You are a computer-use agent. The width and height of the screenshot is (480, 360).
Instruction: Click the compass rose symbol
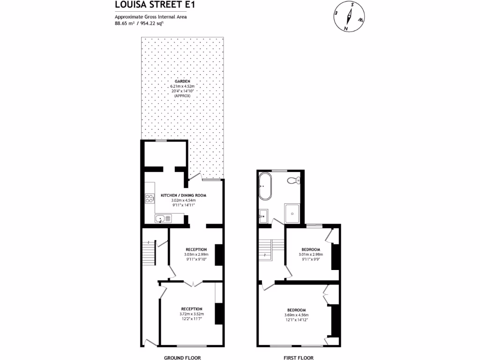click(x=349, y=17)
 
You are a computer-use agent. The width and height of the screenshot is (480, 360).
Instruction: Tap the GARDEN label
click(x=183, y=81)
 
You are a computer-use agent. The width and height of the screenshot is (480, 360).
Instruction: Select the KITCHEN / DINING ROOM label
click(x=183, y=195)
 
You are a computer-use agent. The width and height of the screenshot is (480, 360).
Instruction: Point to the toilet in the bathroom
click(x=293, y=181)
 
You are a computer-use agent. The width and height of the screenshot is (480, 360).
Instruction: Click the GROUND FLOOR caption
click(x=182, y=358)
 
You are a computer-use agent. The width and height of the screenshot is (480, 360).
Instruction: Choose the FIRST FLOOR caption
click(x=298, y=358)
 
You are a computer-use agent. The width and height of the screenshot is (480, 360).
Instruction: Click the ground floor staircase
click(x=149, y=253)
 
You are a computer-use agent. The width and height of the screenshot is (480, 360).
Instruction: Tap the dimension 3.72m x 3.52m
click(x=192, y=314)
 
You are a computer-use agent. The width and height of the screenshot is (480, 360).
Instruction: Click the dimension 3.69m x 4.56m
click(x=296, y=315)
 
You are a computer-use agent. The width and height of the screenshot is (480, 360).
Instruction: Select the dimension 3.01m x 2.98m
click(x=310, y=255)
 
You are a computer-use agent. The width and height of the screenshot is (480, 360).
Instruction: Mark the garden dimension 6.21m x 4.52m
click(x=183, y=86)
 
